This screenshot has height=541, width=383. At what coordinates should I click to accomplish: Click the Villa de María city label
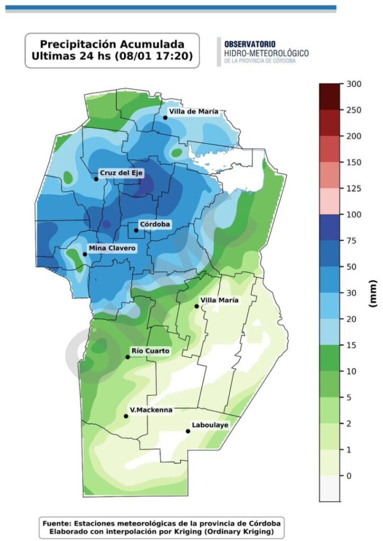[194, 111]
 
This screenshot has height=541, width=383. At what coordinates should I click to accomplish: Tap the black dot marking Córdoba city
[136, 230]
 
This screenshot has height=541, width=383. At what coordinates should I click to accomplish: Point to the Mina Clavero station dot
[85, 254]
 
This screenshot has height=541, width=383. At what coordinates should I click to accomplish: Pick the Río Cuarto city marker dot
[127, 357]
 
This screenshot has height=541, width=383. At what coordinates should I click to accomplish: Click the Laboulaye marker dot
[188, 431]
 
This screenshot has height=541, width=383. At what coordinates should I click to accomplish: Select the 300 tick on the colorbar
[353, 84]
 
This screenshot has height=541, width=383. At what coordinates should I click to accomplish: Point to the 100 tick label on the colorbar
[353, 214]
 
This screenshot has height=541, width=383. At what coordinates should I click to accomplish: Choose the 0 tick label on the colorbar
[349, 475]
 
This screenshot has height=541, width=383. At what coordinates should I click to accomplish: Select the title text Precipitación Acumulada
[112, 44]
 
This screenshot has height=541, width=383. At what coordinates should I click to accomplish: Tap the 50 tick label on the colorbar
[351, 267]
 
